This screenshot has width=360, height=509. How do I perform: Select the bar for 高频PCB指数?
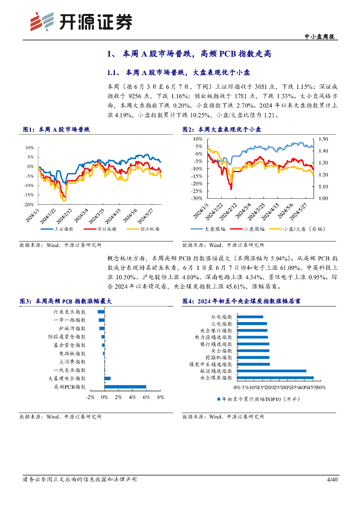point(125,386)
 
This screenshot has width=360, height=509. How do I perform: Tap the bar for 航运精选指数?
point(272,371)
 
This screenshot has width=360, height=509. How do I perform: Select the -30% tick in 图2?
point(197,198)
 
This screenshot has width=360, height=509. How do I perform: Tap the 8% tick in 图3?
point(161,397)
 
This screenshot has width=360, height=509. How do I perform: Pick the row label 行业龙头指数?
point(70,312)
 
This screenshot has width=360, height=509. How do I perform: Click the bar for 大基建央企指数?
point(107,378)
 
